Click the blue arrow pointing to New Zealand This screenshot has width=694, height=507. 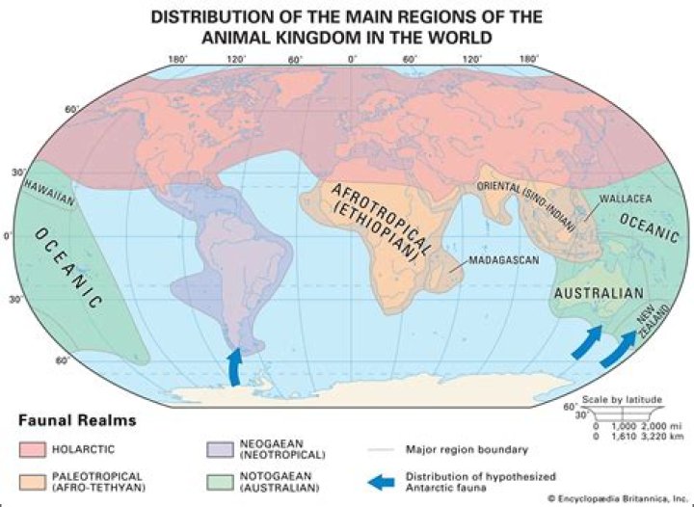(x=620, y=348)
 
